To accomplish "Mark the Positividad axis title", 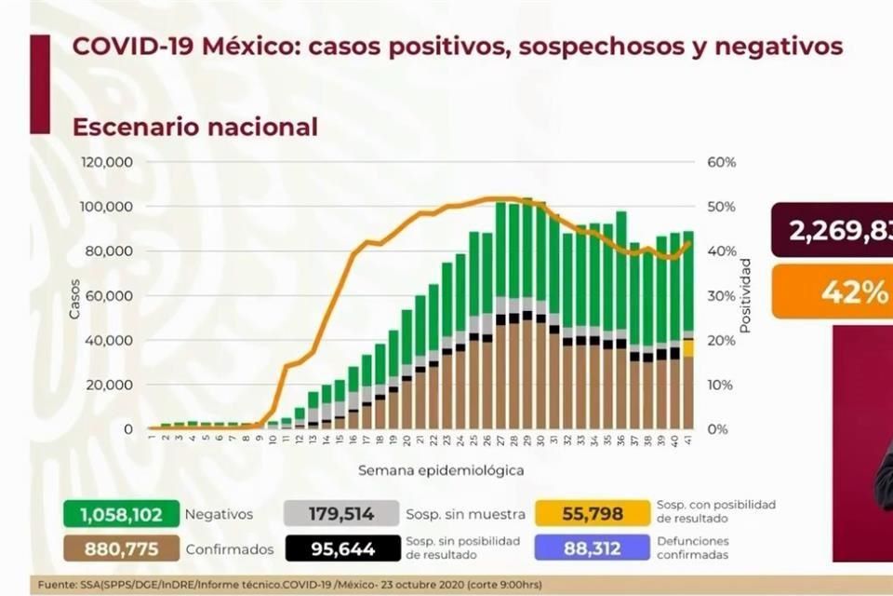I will (745, 296).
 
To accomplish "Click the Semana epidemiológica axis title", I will (441, 470).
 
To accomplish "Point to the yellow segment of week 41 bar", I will (688, 348).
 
